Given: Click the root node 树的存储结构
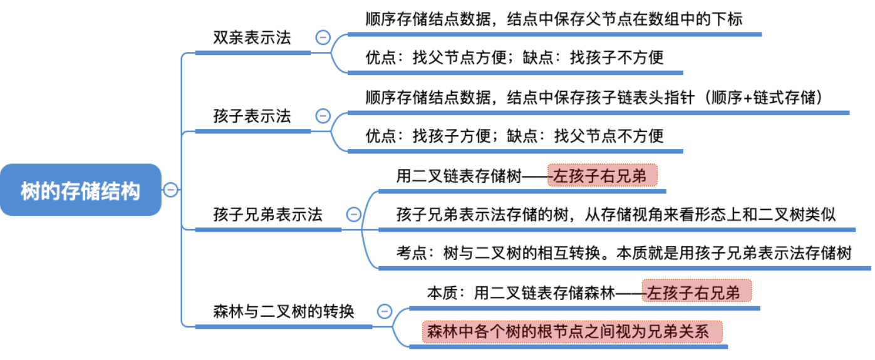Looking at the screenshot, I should pos(81,190).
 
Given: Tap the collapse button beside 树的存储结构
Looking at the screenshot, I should pos(170,190).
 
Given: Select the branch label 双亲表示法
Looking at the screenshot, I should pos(252,38).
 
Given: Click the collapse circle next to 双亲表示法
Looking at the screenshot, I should pos(323,38).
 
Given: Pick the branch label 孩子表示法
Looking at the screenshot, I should pos(252,116).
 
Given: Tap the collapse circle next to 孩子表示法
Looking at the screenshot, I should pos(323,116).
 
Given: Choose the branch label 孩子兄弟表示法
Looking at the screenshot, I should pos(267,215).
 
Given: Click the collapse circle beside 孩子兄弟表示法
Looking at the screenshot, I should pos(354,215).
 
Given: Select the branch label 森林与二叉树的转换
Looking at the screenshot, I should pos(283,311).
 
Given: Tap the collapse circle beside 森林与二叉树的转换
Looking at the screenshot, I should pos(385,311).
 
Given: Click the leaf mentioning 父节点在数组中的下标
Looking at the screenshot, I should pos(554,19).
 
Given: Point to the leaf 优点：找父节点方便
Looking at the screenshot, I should pos(514,58).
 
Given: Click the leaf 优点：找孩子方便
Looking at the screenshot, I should pos(514,135).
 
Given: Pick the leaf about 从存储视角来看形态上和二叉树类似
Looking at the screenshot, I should pos(616,215).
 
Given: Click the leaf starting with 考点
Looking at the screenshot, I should pos(623,254).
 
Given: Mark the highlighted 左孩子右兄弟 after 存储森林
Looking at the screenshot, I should pos(696,292).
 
